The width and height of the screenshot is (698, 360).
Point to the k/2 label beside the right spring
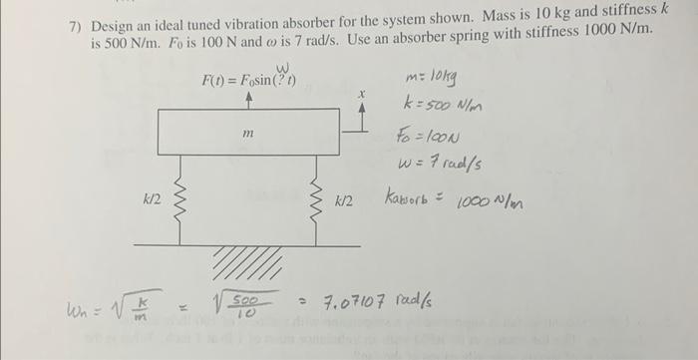tap(343, 200)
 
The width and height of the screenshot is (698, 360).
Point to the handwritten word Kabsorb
tap(412, 200)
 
